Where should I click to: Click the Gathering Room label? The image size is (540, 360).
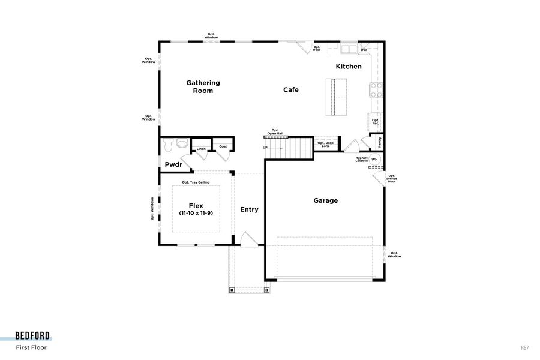[203, 87]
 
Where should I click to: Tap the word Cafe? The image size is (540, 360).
[291, 90]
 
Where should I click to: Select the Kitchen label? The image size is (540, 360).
[349, 67]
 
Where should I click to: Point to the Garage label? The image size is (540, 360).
[326, 200]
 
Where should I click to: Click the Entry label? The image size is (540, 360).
[249, 209]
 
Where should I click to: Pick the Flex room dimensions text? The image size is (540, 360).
[196, 214]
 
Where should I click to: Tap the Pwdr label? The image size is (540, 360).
[173, 164]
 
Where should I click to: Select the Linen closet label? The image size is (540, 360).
[200, 149]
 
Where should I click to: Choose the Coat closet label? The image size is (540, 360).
[223, 146]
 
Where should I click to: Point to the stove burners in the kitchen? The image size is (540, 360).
[376, 90]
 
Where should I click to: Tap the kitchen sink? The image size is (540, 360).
[349, 49]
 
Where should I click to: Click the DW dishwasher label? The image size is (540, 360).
[364, 50]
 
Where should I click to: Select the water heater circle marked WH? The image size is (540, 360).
[375, 159]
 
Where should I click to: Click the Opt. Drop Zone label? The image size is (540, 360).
[326, 144]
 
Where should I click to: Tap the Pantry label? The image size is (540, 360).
[379, 142]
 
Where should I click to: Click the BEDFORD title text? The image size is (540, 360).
[33, 336]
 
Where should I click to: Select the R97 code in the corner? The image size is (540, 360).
[525, 347]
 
